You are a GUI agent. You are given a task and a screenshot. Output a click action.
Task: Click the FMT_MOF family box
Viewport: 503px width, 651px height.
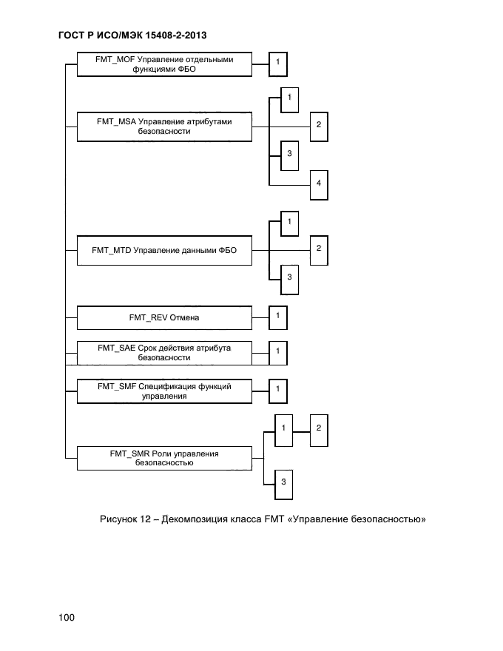(x=164, y=64)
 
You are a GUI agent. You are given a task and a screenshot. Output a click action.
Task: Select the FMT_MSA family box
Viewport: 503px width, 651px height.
(x=164, y=126)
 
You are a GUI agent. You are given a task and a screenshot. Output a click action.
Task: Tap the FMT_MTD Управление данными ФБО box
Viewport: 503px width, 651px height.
(x=164, y=251)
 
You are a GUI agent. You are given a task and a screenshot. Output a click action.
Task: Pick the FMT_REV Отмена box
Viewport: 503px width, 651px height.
(x=164, y=318)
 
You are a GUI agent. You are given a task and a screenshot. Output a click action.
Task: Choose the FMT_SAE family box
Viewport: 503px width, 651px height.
(x=164, y=353)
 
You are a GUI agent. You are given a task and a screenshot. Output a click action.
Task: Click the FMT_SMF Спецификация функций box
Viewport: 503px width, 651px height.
(x=164, y=391)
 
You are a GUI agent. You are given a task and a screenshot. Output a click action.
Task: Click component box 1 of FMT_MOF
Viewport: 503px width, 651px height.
(x=277, y=64)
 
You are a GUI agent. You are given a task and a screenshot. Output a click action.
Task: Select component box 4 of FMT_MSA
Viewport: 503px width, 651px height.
(x=318, y=184)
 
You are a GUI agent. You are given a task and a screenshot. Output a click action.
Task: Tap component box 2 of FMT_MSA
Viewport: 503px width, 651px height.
(x=318, y=125)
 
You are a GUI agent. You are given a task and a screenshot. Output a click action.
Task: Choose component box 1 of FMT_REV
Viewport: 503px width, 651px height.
(x=277, y=317)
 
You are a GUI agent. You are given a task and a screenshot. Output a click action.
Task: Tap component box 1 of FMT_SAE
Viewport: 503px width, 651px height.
(x=277, y=352)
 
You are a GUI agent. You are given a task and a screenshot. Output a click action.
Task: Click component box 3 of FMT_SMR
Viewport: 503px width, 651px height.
(x=283, y=483)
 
